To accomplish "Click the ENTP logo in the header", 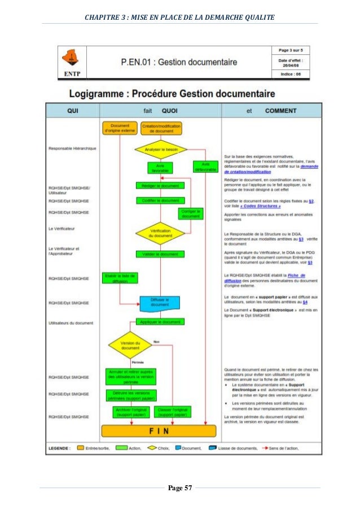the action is coord(72,61).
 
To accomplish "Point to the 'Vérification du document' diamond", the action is coord(161,232).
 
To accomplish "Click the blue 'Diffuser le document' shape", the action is coord(159,303).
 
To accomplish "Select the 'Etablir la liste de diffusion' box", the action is coord(120,278).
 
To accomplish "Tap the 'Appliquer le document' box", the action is coord(160,322).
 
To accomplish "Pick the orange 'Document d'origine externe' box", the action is coord(120,128).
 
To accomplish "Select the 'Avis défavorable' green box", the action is coord(205,167).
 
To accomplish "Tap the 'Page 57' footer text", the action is coord(179,487).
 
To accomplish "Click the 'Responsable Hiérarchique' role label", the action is coord(73,149).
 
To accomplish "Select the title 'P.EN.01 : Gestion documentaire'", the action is coord(178,62).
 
